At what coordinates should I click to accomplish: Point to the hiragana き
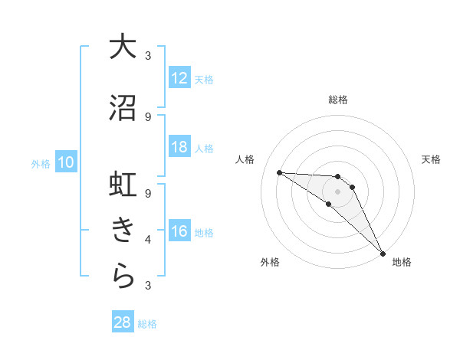123,230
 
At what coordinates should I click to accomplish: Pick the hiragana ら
123,276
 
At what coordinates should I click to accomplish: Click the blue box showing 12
179,77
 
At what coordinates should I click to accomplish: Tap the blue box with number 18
179,147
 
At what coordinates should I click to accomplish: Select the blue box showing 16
179,231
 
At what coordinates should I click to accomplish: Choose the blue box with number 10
65,162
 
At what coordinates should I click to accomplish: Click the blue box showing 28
123,322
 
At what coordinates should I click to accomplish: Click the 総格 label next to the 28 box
147,324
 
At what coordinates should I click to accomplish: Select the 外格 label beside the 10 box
40,163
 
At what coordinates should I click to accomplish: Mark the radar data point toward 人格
279,172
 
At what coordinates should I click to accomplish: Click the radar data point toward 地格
382,252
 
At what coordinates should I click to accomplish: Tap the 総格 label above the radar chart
337,100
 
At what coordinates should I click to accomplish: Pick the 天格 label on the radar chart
431,159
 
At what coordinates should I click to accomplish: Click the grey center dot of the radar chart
337,191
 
